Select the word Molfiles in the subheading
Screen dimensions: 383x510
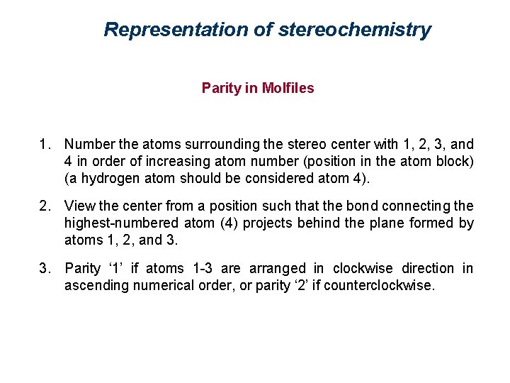[x=288, y=88]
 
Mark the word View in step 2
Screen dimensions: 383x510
[x=78, y=206]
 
